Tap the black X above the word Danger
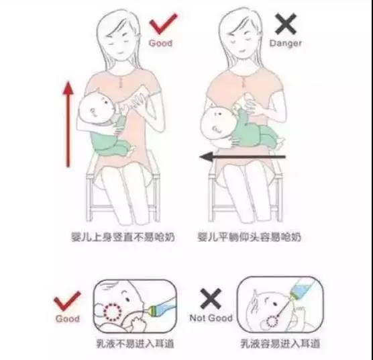click(x=286, y=24)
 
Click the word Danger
click(x=286, y=44)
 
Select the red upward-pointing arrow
click(x=68, y=124)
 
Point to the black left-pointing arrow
click(x=242, y=157)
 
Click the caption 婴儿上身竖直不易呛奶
click(x=123, y=237)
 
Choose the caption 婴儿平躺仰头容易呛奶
click(x=250, y=237)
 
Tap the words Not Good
click(x=211, y=318)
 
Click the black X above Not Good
click(x=211, y=299)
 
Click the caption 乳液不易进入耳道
click(x=135, y=344)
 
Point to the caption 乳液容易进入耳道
click(x=280, y=344)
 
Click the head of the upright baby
click(x=97, y=107)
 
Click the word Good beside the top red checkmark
click(x=160, y=44)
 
